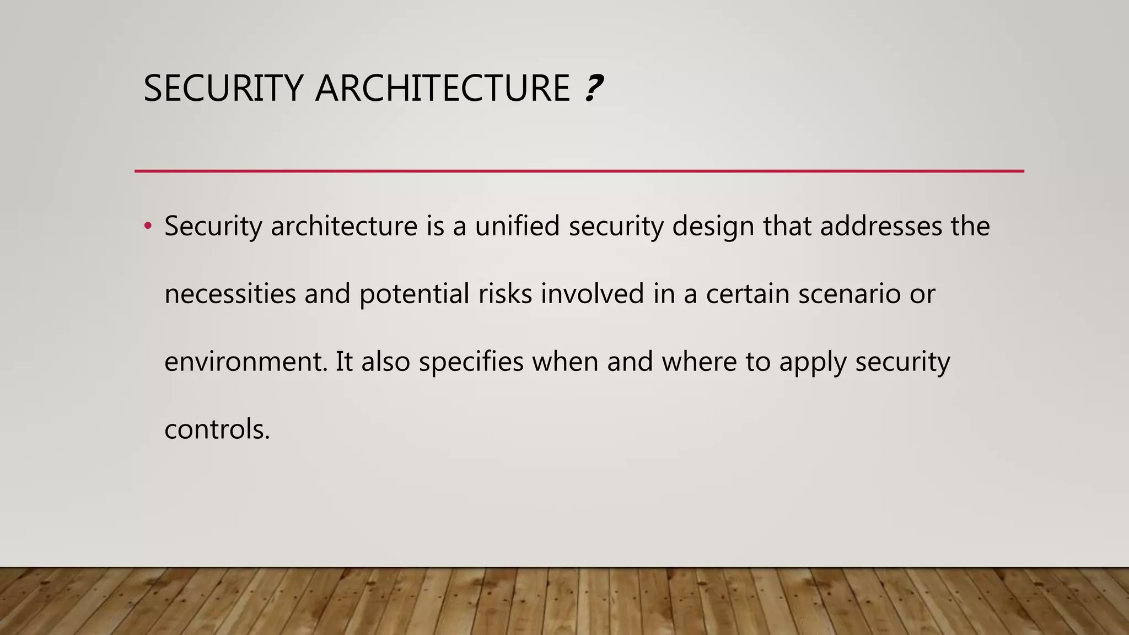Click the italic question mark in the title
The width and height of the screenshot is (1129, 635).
pos(593,88)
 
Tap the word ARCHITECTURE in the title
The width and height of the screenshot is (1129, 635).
pos(442,88)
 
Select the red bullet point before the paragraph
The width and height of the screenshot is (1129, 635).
pos(147,226)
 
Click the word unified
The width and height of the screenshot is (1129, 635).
pos(517,226)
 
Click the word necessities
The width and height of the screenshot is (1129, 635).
pos(230,294)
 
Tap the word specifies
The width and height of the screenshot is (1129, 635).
pos(471,362)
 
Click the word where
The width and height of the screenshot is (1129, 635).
pos(699,362)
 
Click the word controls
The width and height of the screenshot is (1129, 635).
pos(217,429)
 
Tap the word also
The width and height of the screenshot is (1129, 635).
pos(385,362)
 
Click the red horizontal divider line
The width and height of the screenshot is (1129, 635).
pos(579,171)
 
